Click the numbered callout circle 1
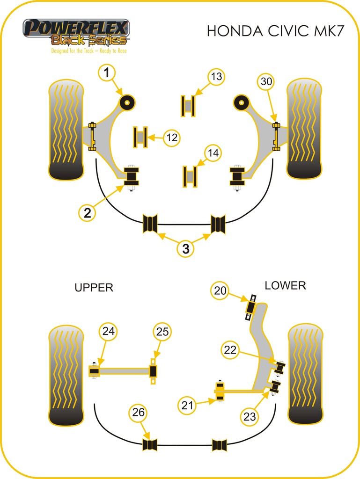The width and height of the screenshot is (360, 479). click(x=107, y=73)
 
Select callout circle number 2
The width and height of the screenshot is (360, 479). click(x=88, y=213)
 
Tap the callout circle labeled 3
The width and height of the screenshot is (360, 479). click(x=186, y=249)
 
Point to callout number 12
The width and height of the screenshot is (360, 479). click(x=171, y=138)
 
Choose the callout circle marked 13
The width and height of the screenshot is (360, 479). click(x=216, y=76)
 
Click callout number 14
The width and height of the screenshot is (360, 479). click(x=213, y=153)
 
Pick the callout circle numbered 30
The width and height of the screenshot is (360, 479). click(x=266, y=81)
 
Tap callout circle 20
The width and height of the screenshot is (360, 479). click(x=220, y=291)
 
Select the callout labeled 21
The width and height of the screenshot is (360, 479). click(x=187, y=405)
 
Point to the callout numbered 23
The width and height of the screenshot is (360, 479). click(x=250, y=416)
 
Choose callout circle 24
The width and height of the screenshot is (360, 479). click(x=108, y=332)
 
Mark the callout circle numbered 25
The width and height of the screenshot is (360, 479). click(x=162, y=332)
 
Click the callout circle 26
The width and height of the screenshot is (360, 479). click(x=139, y=413)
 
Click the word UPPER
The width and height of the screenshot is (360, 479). click(x=94, y=287)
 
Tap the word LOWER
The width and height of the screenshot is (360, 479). click(x=285, y=285)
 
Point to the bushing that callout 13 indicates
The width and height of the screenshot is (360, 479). click(x=187, y=106)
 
